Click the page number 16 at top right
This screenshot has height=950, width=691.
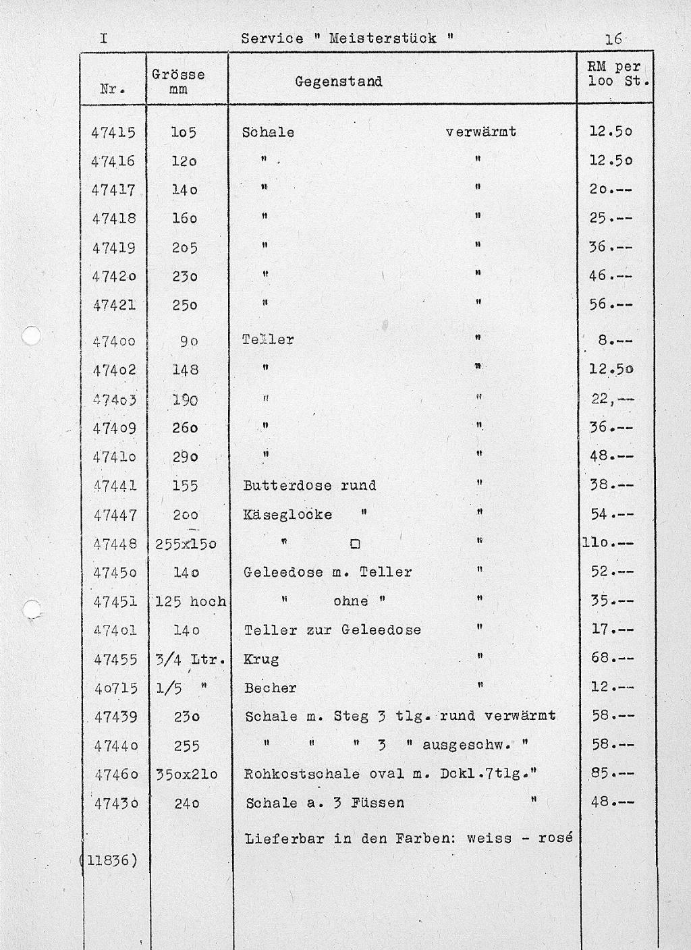pyautogui.click(x=613, y=38)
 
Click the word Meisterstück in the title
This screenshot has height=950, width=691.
pyautogui.click(x=383, y=38)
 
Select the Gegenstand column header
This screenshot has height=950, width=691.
pyautogui.click(x=338, y=82)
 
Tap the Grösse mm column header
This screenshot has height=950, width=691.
pyautogui.click(x=178, y=81)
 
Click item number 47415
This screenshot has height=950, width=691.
pyautogui.click(x=113, y=132)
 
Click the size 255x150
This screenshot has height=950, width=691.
pyautogui.click(x=186, y=544)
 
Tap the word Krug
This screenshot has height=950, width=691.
pyautogui.click(x=261, y=659)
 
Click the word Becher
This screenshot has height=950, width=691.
pyautogui.click(x=270, y=688)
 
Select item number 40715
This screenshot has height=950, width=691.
pyautogui.click(x=115, y=688)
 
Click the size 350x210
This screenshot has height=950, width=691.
pyautogui.click(x=187, y=775)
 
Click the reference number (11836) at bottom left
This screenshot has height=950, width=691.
pyautogui.click(x=108, y=860)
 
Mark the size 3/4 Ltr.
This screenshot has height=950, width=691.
pyautogui.click(x=189, y=659)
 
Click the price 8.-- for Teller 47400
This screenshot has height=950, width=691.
pyautogui.click(x=615, y=341)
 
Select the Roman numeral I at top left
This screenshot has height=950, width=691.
pyautogui.click(x=103, y=38)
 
